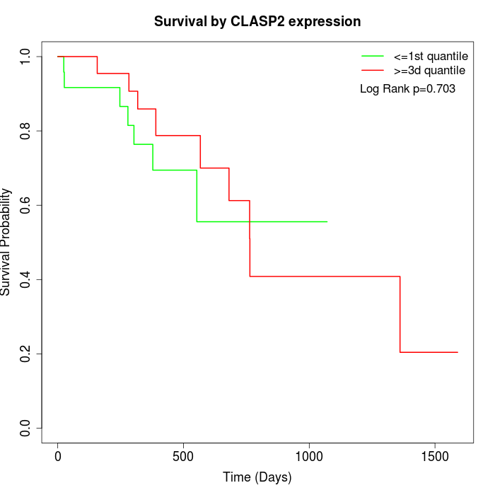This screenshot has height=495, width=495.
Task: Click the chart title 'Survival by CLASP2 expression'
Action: pos(257,21)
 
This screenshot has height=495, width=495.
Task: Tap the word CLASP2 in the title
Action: pos(262,21)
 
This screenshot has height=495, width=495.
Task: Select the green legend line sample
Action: pos(373,55)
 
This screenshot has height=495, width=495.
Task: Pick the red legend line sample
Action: pos(373,70)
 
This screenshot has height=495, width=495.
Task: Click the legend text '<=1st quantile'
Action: pos(431,55)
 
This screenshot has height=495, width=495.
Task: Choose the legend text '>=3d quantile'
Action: pos(429,70)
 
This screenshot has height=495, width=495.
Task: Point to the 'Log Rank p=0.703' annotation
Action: pos(407,88)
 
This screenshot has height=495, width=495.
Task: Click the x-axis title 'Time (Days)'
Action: pos(257,477)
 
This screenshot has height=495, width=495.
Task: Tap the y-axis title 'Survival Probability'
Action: pos(6,242)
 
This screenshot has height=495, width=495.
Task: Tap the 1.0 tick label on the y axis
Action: pos(26,57)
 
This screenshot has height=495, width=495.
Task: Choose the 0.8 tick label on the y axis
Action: pos(26,131)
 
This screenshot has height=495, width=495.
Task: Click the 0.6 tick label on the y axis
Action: pos(26,205)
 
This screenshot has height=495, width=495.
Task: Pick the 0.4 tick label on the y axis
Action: pos(26,279)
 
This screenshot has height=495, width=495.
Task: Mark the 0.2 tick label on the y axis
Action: pos(26,354)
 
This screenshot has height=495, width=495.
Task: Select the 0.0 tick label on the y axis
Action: pos(26,428)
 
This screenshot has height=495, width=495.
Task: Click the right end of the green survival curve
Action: pos(327,221)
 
